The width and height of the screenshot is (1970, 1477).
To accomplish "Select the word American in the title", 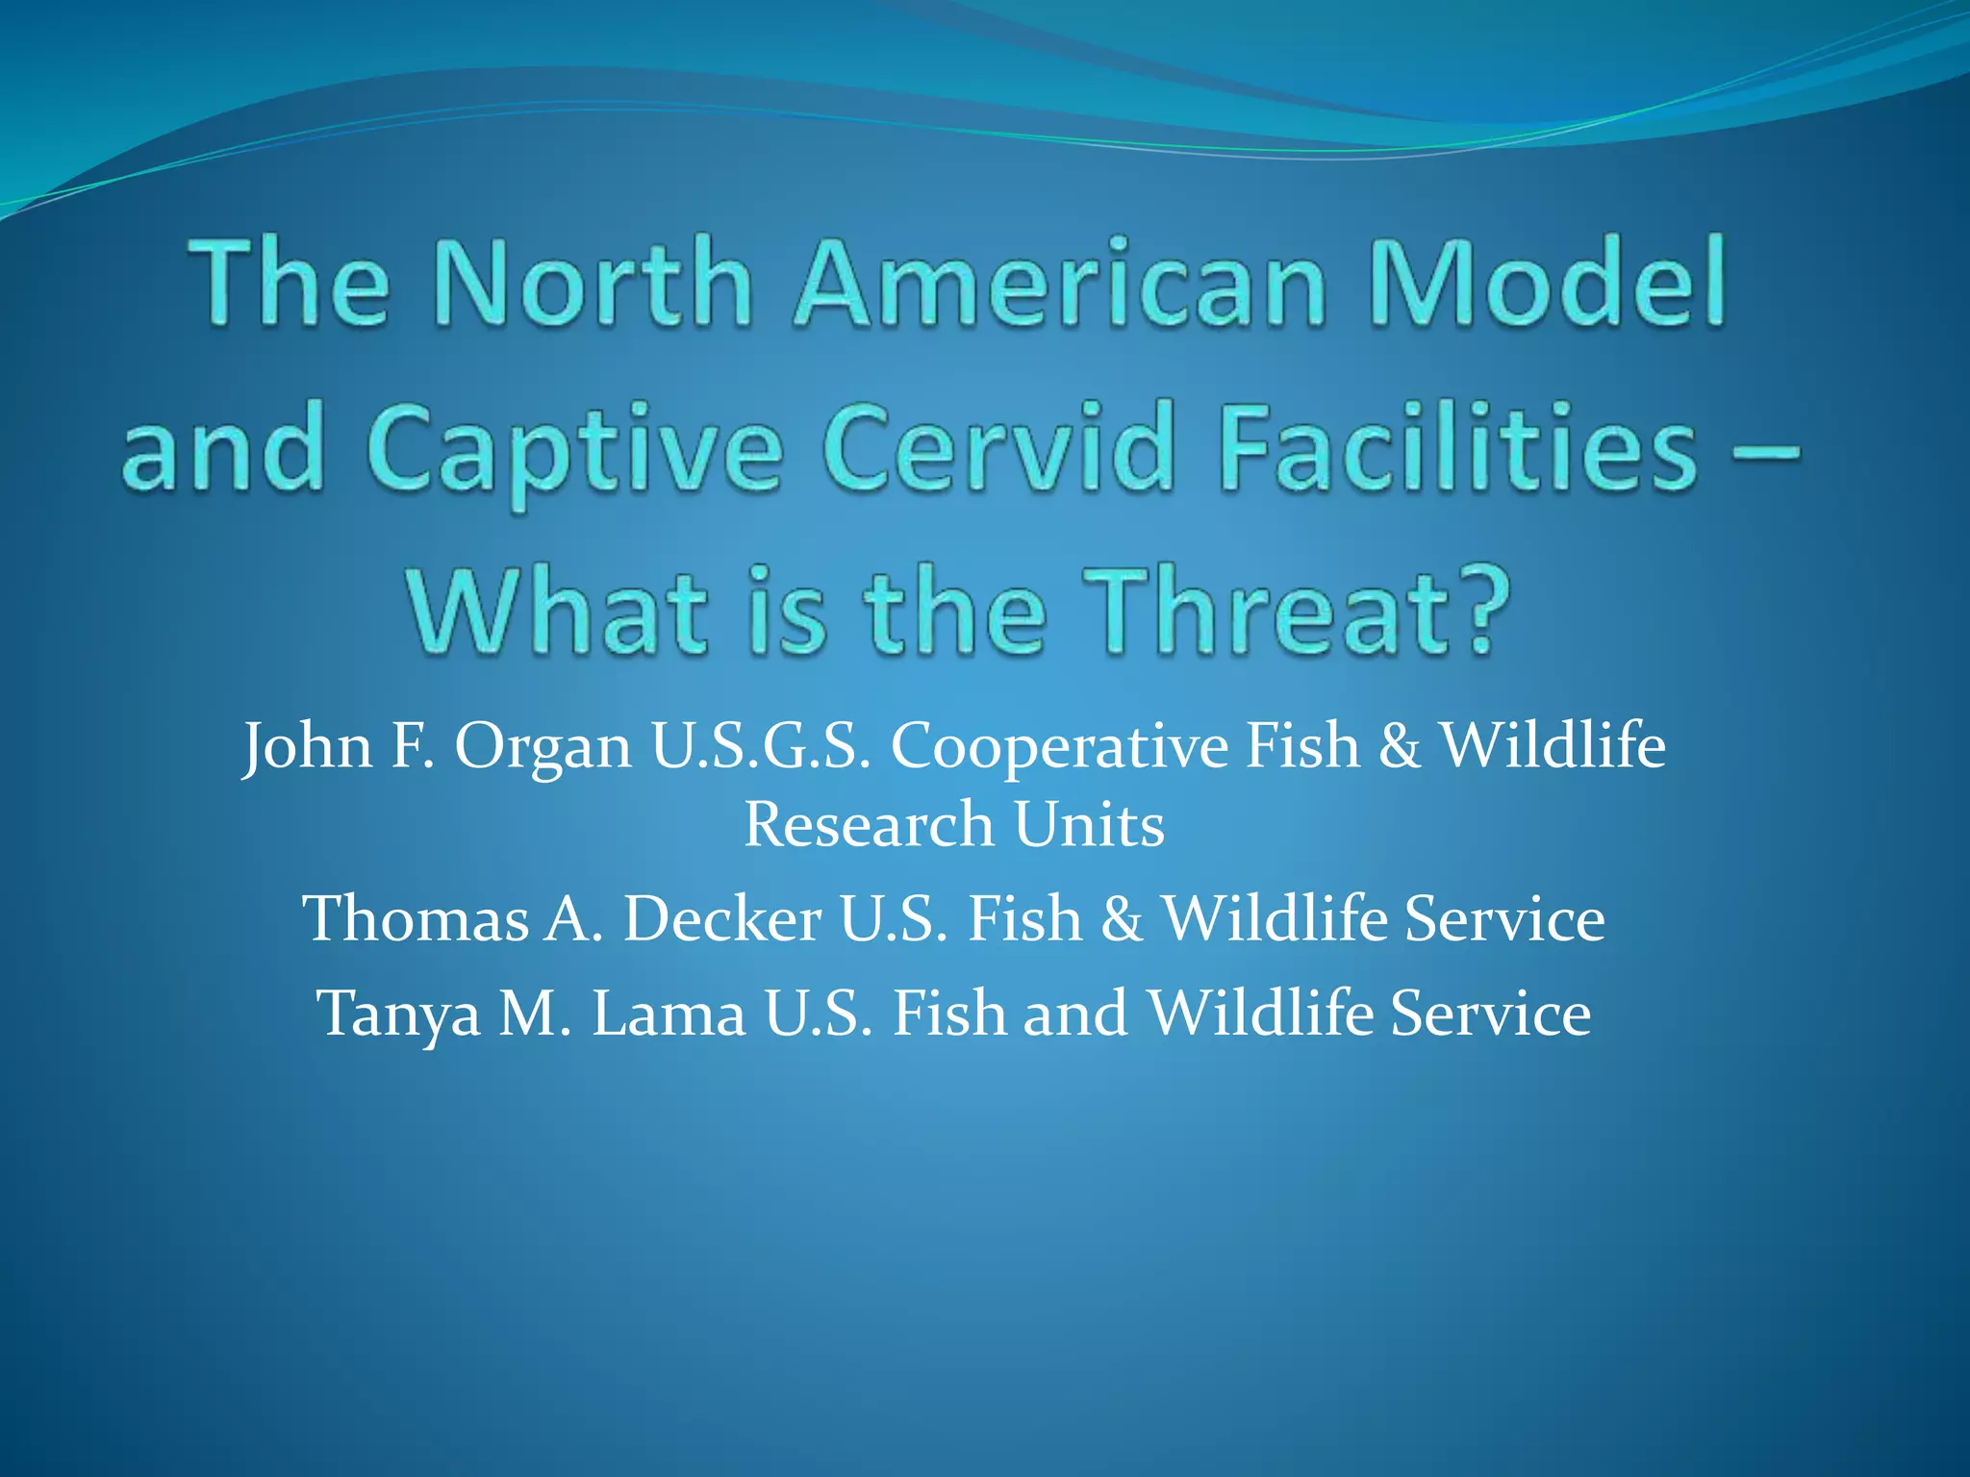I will tap(1059, 284).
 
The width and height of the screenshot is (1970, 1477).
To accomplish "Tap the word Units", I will tap(1089, 825).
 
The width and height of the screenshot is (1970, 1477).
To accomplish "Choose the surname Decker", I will tap(721, 918).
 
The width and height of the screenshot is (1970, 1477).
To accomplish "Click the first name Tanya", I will tap(398, 1015).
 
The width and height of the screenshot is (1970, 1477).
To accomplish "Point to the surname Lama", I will tap(669, 1014).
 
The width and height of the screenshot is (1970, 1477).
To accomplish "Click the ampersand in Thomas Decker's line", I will tap(1122, 918).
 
